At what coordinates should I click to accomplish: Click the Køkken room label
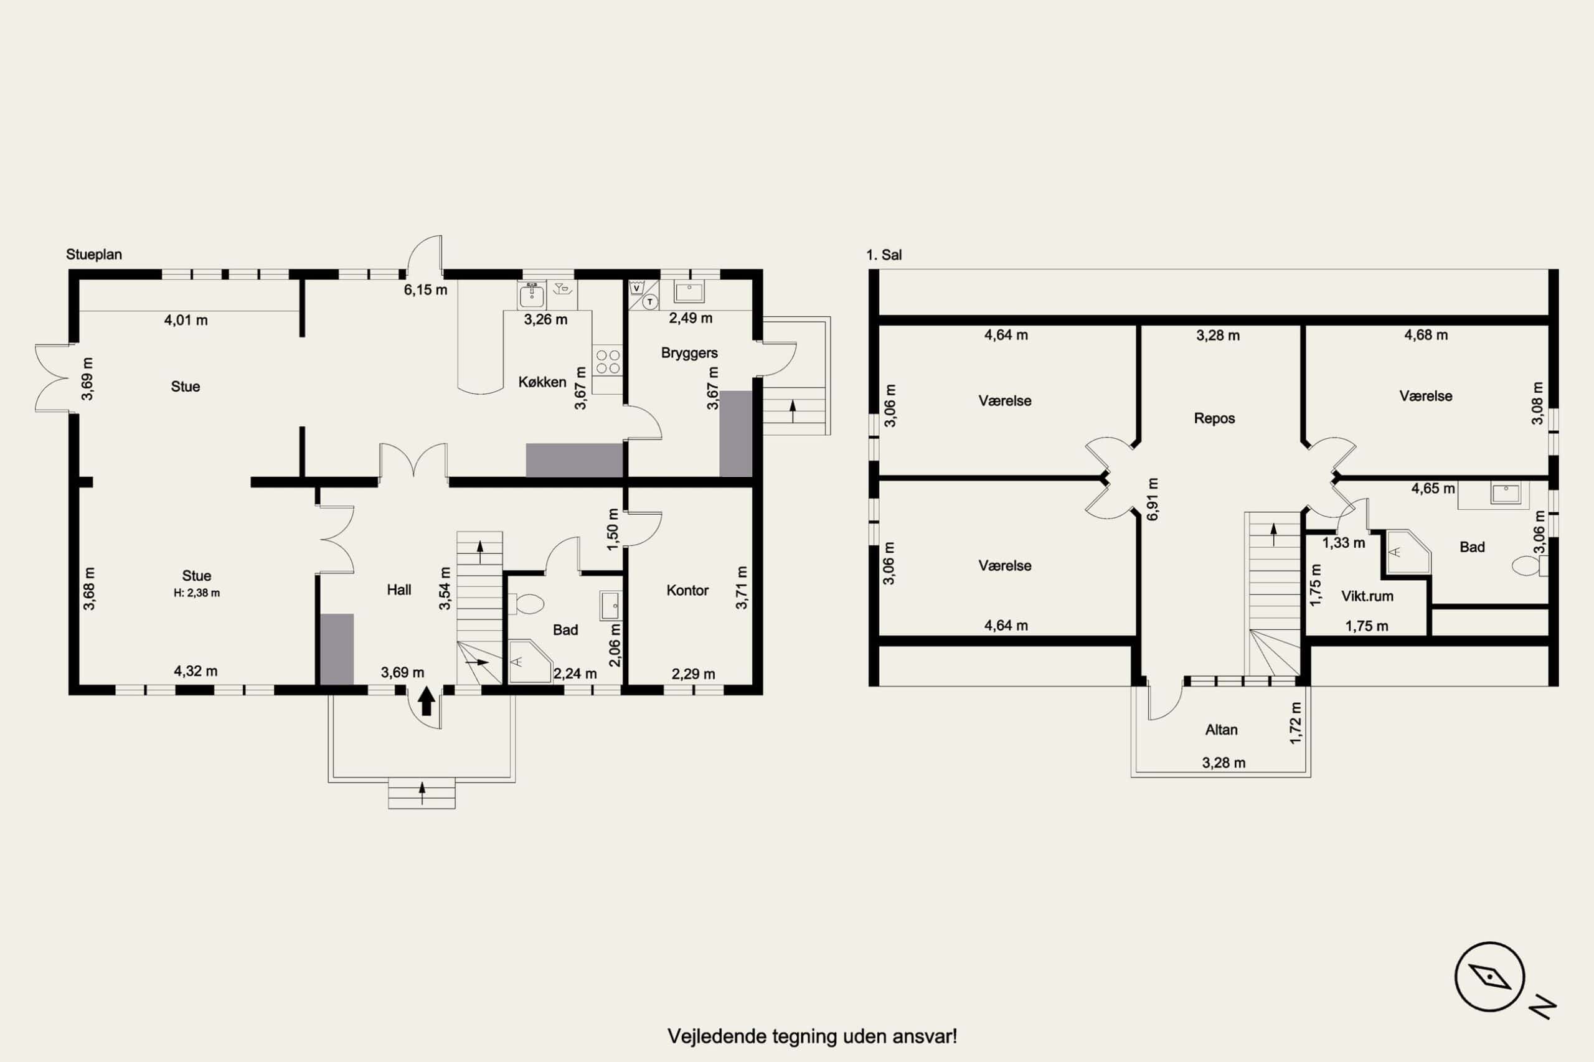(x=542, y=382)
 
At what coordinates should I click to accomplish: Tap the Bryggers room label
(x=689, y=353)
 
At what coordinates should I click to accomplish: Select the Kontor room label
(x=687, y=590)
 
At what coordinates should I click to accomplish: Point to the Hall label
(x=399, y=590)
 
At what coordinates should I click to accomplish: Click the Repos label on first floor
(x=1214, y=418)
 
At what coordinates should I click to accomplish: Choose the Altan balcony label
(x=1222, y=730)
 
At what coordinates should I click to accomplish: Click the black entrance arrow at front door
(x=426, y=701)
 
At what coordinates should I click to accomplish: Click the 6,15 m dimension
(x=425, y=290)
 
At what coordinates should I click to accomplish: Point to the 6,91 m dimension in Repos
(x=1153, y=499)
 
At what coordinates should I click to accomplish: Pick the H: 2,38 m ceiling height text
(x=197, y=593)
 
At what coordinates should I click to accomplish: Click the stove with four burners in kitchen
(x=608, y=361)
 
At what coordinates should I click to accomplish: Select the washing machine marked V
(x=636, y=288)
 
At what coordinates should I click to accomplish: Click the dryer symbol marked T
(x=649, y=301)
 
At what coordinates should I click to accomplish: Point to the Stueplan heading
(x=93, y=255)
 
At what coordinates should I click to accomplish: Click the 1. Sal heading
(x=884, y=255)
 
